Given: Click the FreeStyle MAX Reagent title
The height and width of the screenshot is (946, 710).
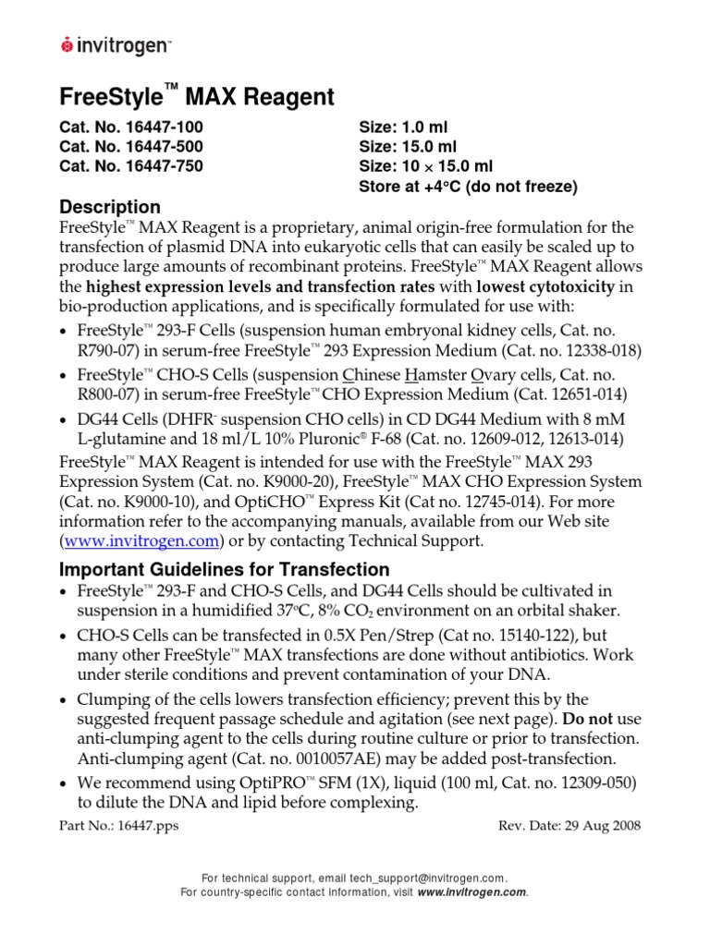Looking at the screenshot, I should point(196,97).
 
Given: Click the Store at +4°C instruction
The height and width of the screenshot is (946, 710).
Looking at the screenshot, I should point(467,187).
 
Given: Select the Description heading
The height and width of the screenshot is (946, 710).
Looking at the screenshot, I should point(110,207).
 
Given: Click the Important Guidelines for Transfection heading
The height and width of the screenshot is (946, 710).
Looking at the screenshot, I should point(225,569).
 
